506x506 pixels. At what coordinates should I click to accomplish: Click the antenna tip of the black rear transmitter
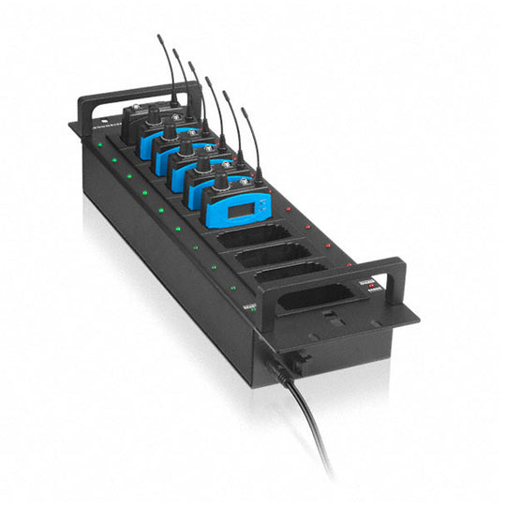pyautogui.click(x=158, y=37)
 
